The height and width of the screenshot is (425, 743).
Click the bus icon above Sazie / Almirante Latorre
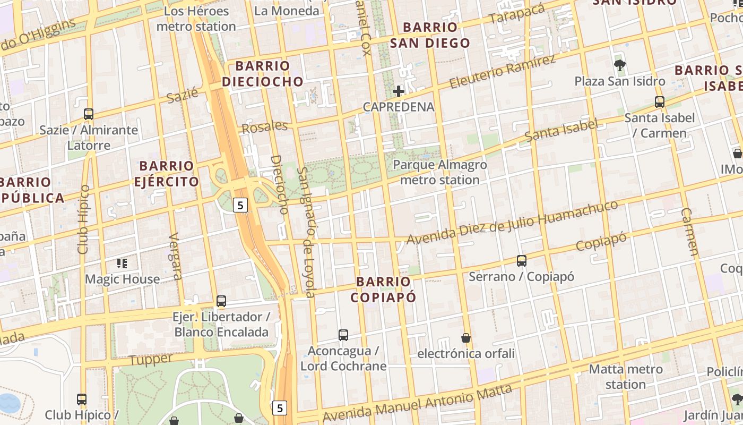coord(89,114)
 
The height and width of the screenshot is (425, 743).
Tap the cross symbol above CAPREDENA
coord(399,91)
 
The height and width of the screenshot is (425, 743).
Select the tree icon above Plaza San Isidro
coord(619,65)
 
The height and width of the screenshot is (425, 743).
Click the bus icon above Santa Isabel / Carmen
coord(660,101)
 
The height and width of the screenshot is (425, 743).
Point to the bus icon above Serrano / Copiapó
coord(522,260)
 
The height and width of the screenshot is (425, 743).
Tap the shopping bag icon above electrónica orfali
coord(466,337)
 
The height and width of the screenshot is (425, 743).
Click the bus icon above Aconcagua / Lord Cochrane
coord(343,335)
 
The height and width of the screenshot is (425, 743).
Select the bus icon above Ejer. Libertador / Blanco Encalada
coord(221,301)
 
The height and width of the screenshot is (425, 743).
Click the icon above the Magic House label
coord(122,263)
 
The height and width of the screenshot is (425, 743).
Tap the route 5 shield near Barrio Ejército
coord(241,205)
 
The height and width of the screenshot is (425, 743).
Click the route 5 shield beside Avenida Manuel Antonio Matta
coord(280,408)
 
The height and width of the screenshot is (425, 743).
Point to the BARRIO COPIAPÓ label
coord(384,289)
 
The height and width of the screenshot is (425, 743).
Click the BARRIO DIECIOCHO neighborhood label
coord(263,73)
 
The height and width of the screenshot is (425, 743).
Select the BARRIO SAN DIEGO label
coord(430,35)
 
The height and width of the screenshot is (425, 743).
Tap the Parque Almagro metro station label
coord(440,172)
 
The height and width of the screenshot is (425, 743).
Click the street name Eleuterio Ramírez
coord(502,72)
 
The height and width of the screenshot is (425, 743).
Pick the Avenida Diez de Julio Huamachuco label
coord(512,222)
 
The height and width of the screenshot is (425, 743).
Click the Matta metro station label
coord(626,376)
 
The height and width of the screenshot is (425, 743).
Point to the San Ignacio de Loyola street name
coord(306,232)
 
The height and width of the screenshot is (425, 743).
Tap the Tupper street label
coord(151,360)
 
